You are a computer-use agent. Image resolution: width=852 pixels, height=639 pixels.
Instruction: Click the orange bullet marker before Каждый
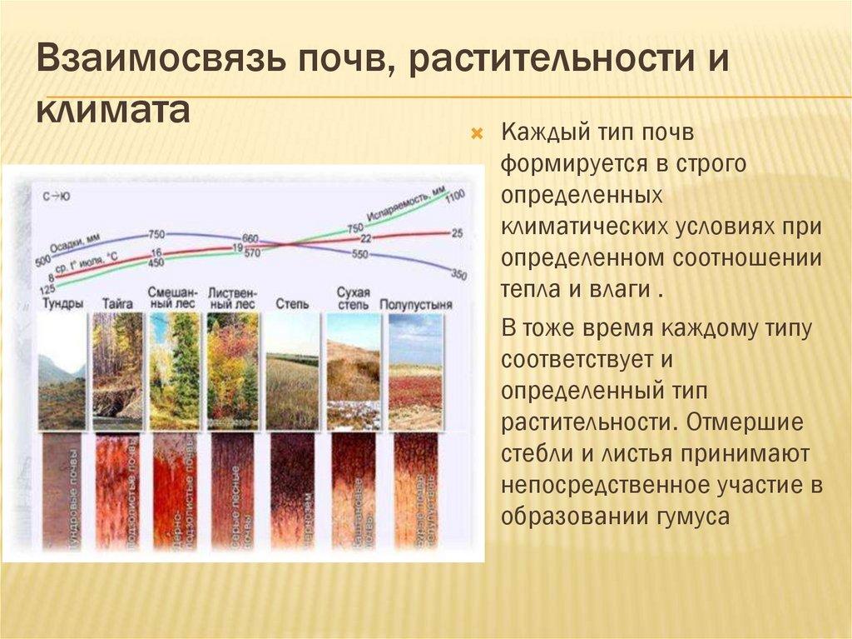477,133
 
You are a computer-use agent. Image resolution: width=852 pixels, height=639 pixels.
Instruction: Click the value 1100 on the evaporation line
454,197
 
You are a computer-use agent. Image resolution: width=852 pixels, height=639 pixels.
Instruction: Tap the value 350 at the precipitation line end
458,274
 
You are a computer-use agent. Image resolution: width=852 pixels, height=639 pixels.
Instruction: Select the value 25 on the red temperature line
457,233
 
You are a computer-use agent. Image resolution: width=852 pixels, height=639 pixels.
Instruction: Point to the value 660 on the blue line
250,239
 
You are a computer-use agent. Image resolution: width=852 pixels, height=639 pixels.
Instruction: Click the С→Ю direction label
56,197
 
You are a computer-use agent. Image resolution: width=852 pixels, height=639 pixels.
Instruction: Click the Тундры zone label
62,304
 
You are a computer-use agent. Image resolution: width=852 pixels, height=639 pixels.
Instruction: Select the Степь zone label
291,305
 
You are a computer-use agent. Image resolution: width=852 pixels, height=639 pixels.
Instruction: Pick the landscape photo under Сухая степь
353,370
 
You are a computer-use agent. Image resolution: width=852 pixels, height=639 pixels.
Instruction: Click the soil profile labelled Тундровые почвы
63,492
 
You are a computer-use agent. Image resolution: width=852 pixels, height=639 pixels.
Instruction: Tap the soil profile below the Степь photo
292,492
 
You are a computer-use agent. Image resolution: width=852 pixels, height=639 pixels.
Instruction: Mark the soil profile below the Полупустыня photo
415,492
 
